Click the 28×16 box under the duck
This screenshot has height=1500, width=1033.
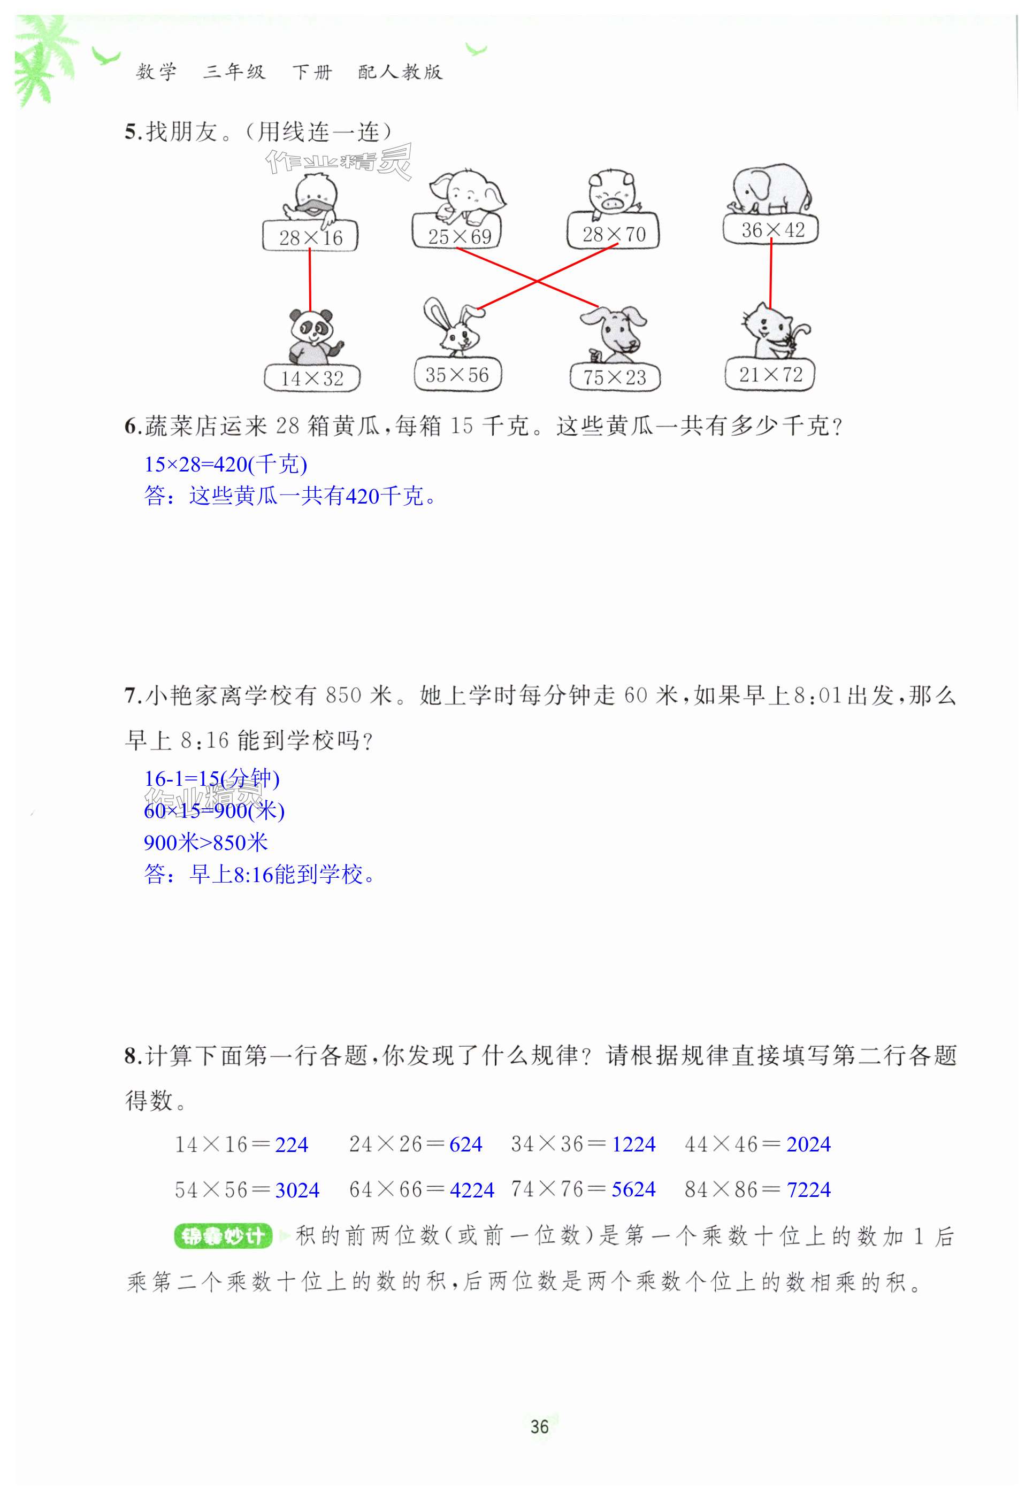coord(310,237)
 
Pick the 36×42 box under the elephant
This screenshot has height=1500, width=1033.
coord(771,230)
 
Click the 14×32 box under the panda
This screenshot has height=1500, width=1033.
coord(312,378)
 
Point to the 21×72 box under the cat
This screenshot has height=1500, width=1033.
coord(770,375)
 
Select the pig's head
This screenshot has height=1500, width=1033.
coord(610,192)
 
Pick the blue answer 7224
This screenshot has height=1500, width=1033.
coord(808,1189)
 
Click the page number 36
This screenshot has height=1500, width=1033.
coord(539,1426)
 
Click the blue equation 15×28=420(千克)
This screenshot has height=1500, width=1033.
coord(225,464)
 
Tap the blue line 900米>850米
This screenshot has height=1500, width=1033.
coord(206,842)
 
